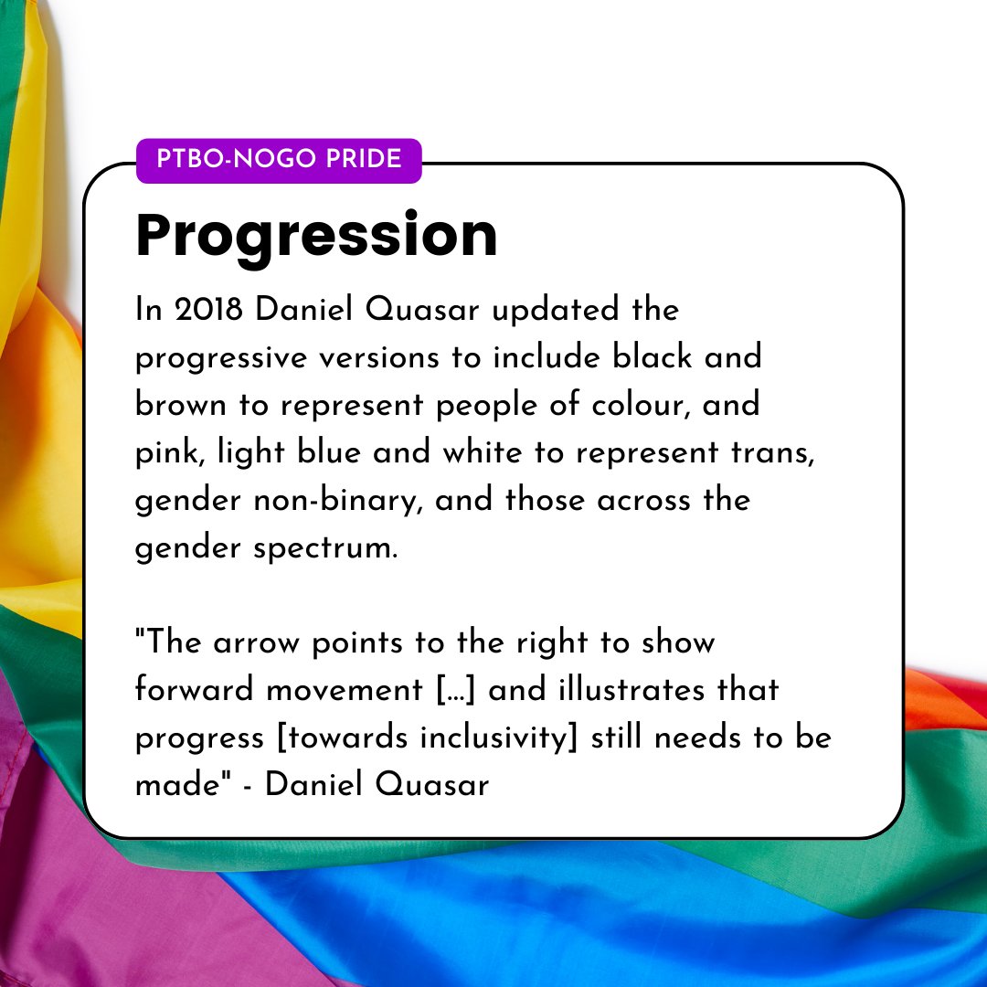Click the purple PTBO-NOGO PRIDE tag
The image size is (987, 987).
click(x=279, y=160)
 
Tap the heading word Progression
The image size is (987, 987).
click(x=316, y=236)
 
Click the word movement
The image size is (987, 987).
click(x=347, y=690)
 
